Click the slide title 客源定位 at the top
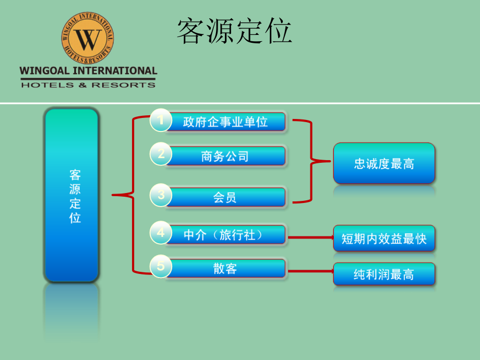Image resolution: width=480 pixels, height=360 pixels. click(x=234, y=31)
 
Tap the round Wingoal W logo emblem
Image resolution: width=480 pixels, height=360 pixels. click(x=88, y=38)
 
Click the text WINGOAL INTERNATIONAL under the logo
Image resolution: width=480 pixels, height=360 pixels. click(x=88, y=71)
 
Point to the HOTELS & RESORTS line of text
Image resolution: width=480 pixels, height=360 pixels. click(x=88, y=85)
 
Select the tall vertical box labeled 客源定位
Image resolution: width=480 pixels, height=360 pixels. click(x=71, y=195)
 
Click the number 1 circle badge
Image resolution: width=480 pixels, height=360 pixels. click(x=161, y=120)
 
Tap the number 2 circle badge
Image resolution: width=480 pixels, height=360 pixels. click(x=161, y=154)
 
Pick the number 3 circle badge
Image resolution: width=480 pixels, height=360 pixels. click(x=161, y=195)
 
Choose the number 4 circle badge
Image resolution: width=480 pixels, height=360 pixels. click(x=161, y=232)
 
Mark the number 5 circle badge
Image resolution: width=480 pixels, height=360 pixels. click(x=161, y=266)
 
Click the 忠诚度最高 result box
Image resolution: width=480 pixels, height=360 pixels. click(x=384, y=163)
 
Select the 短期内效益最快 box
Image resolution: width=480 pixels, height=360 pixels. click(x=384, y=238)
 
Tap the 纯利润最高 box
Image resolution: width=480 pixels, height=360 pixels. click(x=384, y=274)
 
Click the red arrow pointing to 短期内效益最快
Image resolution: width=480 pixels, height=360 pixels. click(x=311, y=237)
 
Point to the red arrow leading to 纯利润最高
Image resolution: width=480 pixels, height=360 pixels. click(x=311, y=271)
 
